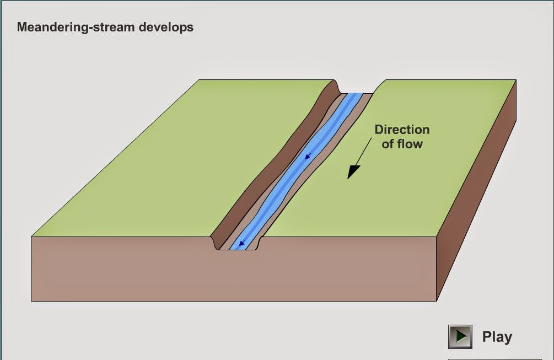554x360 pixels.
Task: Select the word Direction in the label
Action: pyautogui.click(x=402, y=130)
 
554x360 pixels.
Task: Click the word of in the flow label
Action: pyautogui.click(x=388, y=144)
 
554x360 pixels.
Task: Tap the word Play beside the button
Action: pyautogui.click(x=497, y=337)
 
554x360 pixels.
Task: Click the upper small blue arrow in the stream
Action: pyautogui.click(x=308, y=157)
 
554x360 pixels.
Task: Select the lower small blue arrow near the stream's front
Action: pyautogui.click(x=241, y=243)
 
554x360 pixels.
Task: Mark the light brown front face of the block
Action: pyautogui.click(x=232, y=276)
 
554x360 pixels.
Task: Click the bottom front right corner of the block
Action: pyautogui.click(x=437, y=300)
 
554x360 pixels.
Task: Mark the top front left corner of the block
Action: pyautogui.click(x=31, y=237)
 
